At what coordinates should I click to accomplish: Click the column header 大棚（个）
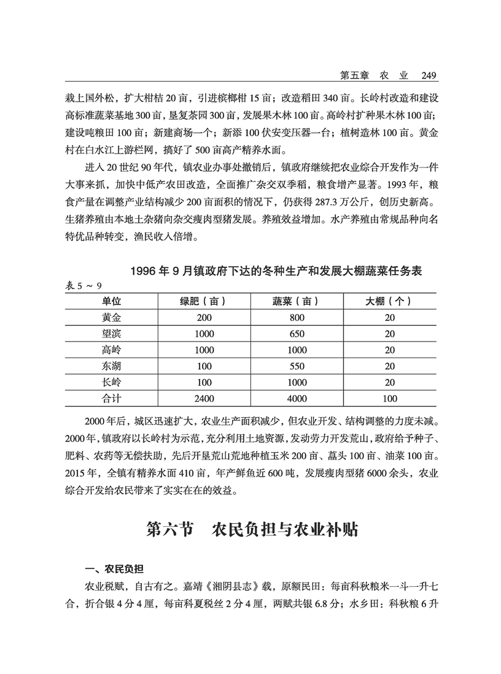tap(389, 301)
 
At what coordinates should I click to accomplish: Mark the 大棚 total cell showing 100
tap(389, 399)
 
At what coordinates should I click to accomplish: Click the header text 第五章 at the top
tap(354, 76)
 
